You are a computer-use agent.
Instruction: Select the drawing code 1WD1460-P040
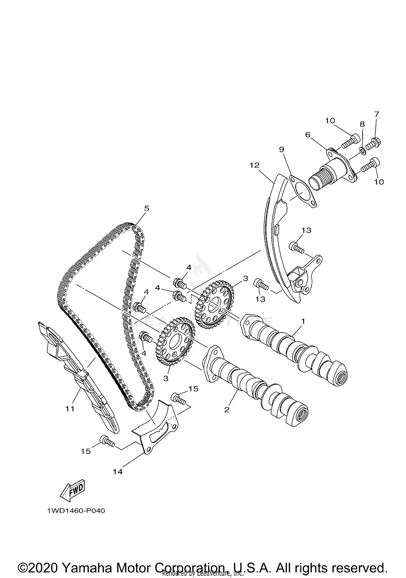point(76,511)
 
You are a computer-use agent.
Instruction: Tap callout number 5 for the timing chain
point(146,208)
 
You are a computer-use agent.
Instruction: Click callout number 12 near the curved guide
point(254,165)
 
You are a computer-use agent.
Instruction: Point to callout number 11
point(70,409)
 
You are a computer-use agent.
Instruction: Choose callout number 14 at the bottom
point(118,472)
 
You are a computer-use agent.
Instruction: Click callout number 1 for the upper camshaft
point(303,321)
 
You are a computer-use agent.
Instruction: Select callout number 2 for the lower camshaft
point(227,410)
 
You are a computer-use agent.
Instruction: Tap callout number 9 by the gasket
point(281,149)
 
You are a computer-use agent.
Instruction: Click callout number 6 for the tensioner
point(308,135)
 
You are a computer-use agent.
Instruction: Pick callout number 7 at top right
point(377,114)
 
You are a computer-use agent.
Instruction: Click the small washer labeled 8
point(362,151)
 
